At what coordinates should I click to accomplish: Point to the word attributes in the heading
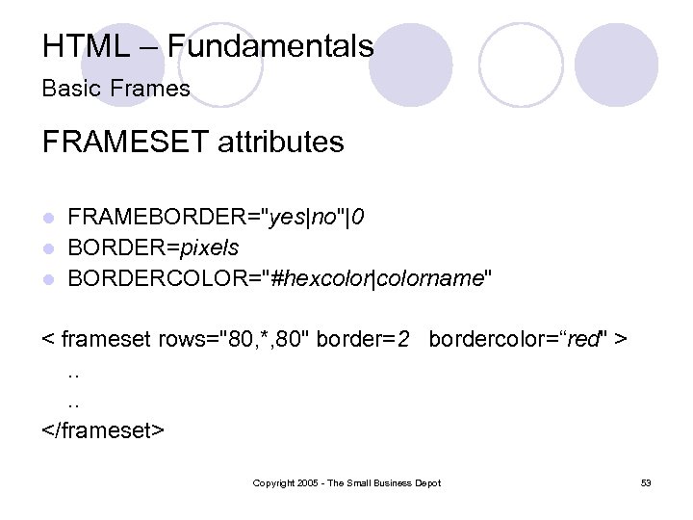[x=281, y=143]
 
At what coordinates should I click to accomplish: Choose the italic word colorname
[x=430, y=278]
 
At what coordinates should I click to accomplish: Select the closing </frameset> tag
[x=104, y=428]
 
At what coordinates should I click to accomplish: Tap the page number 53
[x=646, y=482]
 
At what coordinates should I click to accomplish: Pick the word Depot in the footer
[x=427, y=482]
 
